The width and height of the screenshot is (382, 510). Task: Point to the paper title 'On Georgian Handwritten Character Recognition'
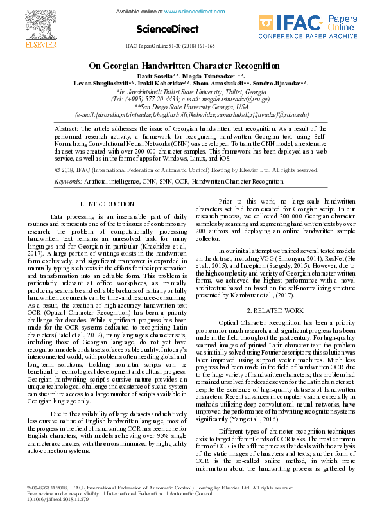click(x=191, y=66)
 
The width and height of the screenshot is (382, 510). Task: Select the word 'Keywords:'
click(x=68, y=182)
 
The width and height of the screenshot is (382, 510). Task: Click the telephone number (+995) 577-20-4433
click(x=146, y=100)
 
